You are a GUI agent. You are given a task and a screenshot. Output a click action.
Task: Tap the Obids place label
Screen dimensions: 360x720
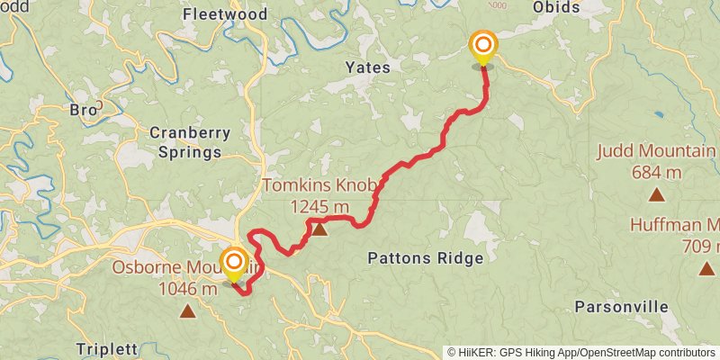pyautogui.click(x=581, y=6)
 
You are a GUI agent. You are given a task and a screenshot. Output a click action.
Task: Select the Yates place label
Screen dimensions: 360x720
pyautogui.click(x=368, y=67)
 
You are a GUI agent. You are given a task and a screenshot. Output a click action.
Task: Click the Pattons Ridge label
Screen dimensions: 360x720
pyautogui.click(x=426, y=258)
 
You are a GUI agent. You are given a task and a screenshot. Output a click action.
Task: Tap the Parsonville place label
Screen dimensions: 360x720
pyautogui.click(x=622, y=307)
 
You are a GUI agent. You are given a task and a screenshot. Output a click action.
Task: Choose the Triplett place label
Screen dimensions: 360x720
pyautogui.click(x=106, y=349)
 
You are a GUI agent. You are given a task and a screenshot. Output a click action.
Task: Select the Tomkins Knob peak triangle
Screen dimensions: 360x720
pyautogui.click(x=319, y=230)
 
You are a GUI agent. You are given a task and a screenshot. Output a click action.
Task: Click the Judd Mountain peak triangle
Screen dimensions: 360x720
pyautogui.click(x=657, y=194)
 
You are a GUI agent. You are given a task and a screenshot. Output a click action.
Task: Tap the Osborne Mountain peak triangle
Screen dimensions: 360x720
pyautogui.click(x=187, y=311)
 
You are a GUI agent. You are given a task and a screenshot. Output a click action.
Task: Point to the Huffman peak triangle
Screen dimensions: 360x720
pyautogui.click(x=706, y=267)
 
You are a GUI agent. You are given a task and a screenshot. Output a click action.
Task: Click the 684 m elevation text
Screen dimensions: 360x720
pyautogui.click(x=657, y=172)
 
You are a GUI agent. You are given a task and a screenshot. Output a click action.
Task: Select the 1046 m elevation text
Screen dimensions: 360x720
pyautogui.click(x=187, y=289)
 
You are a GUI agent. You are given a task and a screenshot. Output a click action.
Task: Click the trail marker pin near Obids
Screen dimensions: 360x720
pyautogui.click(x=483, y=45)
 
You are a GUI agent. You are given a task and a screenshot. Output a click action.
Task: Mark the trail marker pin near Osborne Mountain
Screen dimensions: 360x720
pyautogui.click(x=234, y=264)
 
